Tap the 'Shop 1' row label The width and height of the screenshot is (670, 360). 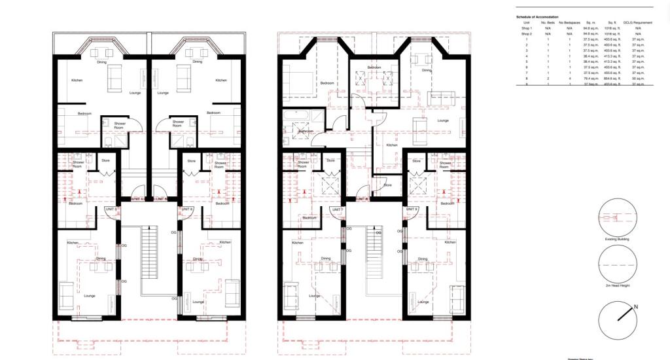[527, 29]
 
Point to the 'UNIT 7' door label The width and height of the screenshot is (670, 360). [337, 209]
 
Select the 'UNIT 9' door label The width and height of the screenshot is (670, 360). [412, 209]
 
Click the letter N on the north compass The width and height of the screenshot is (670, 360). [635, 306]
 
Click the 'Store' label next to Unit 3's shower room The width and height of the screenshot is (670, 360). [103, 160]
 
